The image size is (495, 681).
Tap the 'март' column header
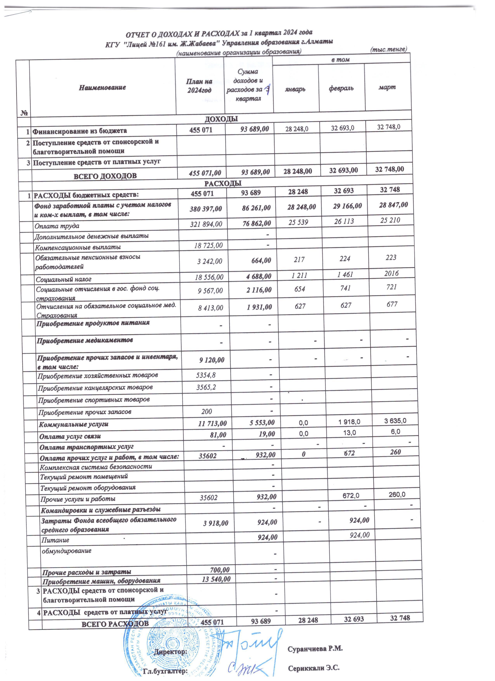(x=387, y=87)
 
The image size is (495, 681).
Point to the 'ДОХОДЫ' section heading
(x=221, y=119)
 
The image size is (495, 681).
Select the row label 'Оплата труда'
(x=57, y=226)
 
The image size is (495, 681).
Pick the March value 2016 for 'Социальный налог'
(x=391, y=273)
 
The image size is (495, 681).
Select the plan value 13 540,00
(x=216, y=579)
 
